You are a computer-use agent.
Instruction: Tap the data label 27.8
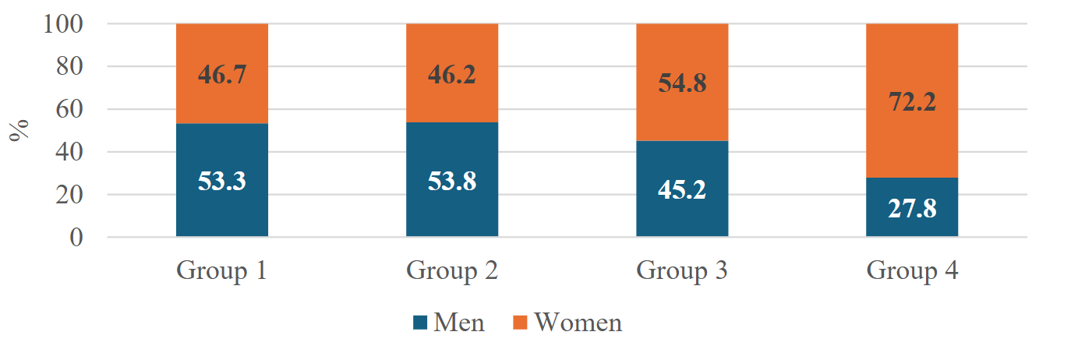912,210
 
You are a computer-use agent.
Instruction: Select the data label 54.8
682,83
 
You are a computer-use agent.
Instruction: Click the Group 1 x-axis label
222,271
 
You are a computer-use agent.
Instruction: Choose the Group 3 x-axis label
682,271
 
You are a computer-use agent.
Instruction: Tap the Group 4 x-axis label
912,271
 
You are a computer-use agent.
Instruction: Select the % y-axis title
19,130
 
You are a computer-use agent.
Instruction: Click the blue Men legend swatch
420,323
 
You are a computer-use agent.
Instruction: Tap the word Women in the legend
578,323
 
